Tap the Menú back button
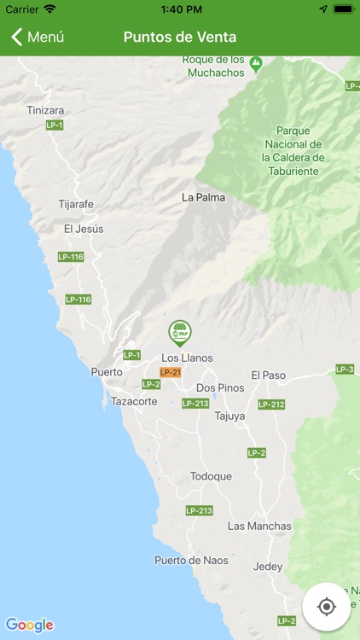38,37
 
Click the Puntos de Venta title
180,37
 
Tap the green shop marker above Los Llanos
178,332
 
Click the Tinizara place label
45,110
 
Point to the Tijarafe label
76,204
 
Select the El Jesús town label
84,229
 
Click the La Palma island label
201,197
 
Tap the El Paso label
269,375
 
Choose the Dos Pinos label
220,387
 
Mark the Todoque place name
211,476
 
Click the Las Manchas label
259,526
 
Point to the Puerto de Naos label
191,560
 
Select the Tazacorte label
134,400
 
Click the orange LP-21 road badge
171,372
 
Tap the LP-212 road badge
271,404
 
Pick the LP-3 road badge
345,369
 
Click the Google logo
29,625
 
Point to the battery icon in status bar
343,9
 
